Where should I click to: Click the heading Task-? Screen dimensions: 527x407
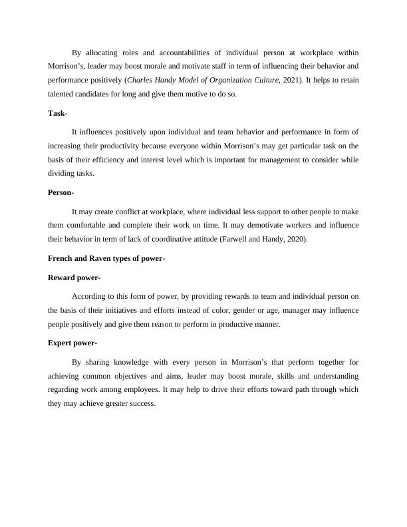coord(57,113)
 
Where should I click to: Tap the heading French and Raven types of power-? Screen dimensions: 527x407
coord(106,258)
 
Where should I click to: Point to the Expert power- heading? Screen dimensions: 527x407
coord(72,343)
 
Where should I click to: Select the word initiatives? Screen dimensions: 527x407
coord(114,310)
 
